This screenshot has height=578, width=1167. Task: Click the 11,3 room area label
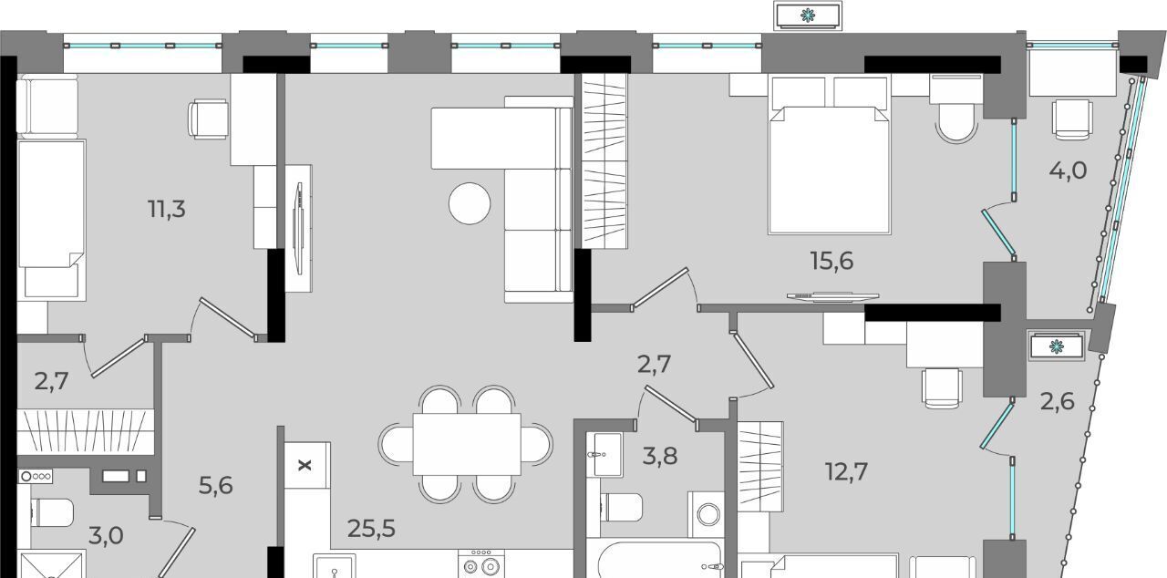tap(167, 209)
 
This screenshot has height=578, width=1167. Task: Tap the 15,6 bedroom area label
tap(831, 261)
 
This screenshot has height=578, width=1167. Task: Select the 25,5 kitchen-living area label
tap(371, 529)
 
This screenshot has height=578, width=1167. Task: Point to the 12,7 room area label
tap(847, 471)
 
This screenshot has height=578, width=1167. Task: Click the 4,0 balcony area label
tap(1068, 170)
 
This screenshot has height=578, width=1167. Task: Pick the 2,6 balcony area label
tap(1058, 401)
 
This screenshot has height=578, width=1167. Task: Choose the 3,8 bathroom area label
tap(660, 456)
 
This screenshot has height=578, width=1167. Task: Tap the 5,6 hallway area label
tap(216, 485)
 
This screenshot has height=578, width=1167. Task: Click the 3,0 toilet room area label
tap(106, 535)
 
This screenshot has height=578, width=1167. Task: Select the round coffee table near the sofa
tap(470, 203)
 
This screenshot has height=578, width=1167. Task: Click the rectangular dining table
tap(467, 444)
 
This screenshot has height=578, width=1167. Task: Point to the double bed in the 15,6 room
tap(830, 155)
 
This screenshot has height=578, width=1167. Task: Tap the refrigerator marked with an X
tap(307, 465)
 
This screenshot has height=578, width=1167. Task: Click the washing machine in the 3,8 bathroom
tap(707, 514)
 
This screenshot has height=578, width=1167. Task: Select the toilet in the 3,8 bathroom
tap(622, 507)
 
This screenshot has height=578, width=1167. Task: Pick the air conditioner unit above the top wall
tap(808, 15)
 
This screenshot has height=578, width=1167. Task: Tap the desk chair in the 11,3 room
tap(209, 119)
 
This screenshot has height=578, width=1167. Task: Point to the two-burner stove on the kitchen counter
tap(480, 563)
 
